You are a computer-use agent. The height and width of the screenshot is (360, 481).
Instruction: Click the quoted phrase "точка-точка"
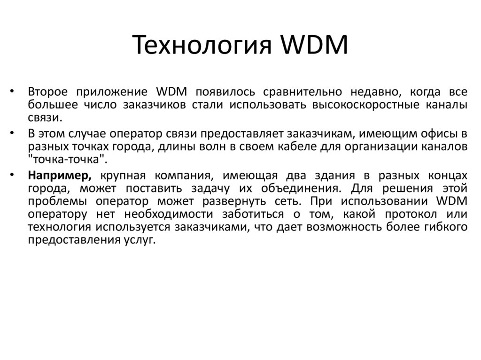coord(67,159)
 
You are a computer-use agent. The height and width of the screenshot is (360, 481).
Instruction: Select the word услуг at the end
coord(140,241)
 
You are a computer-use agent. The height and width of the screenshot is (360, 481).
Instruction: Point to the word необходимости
coord(171,214)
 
